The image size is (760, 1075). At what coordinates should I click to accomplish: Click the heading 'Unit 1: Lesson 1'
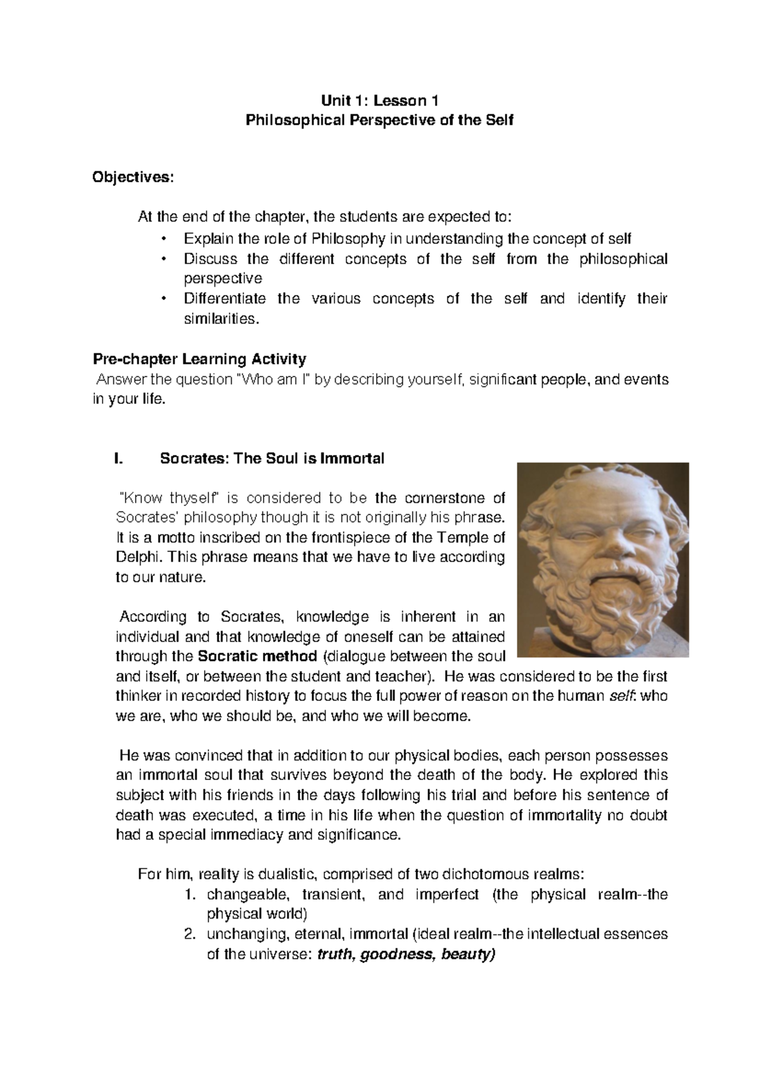pos(379,100)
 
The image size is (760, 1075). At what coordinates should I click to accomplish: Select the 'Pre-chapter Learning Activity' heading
pos(199,360)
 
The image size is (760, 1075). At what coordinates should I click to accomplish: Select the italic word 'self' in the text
pos(620,696)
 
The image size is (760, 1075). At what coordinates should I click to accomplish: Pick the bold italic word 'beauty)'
pos(467,954)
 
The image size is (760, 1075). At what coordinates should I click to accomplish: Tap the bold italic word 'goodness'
pos(396,954)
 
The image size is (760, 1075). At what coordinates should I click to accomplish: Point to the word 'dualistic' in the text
pos(291,875)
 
